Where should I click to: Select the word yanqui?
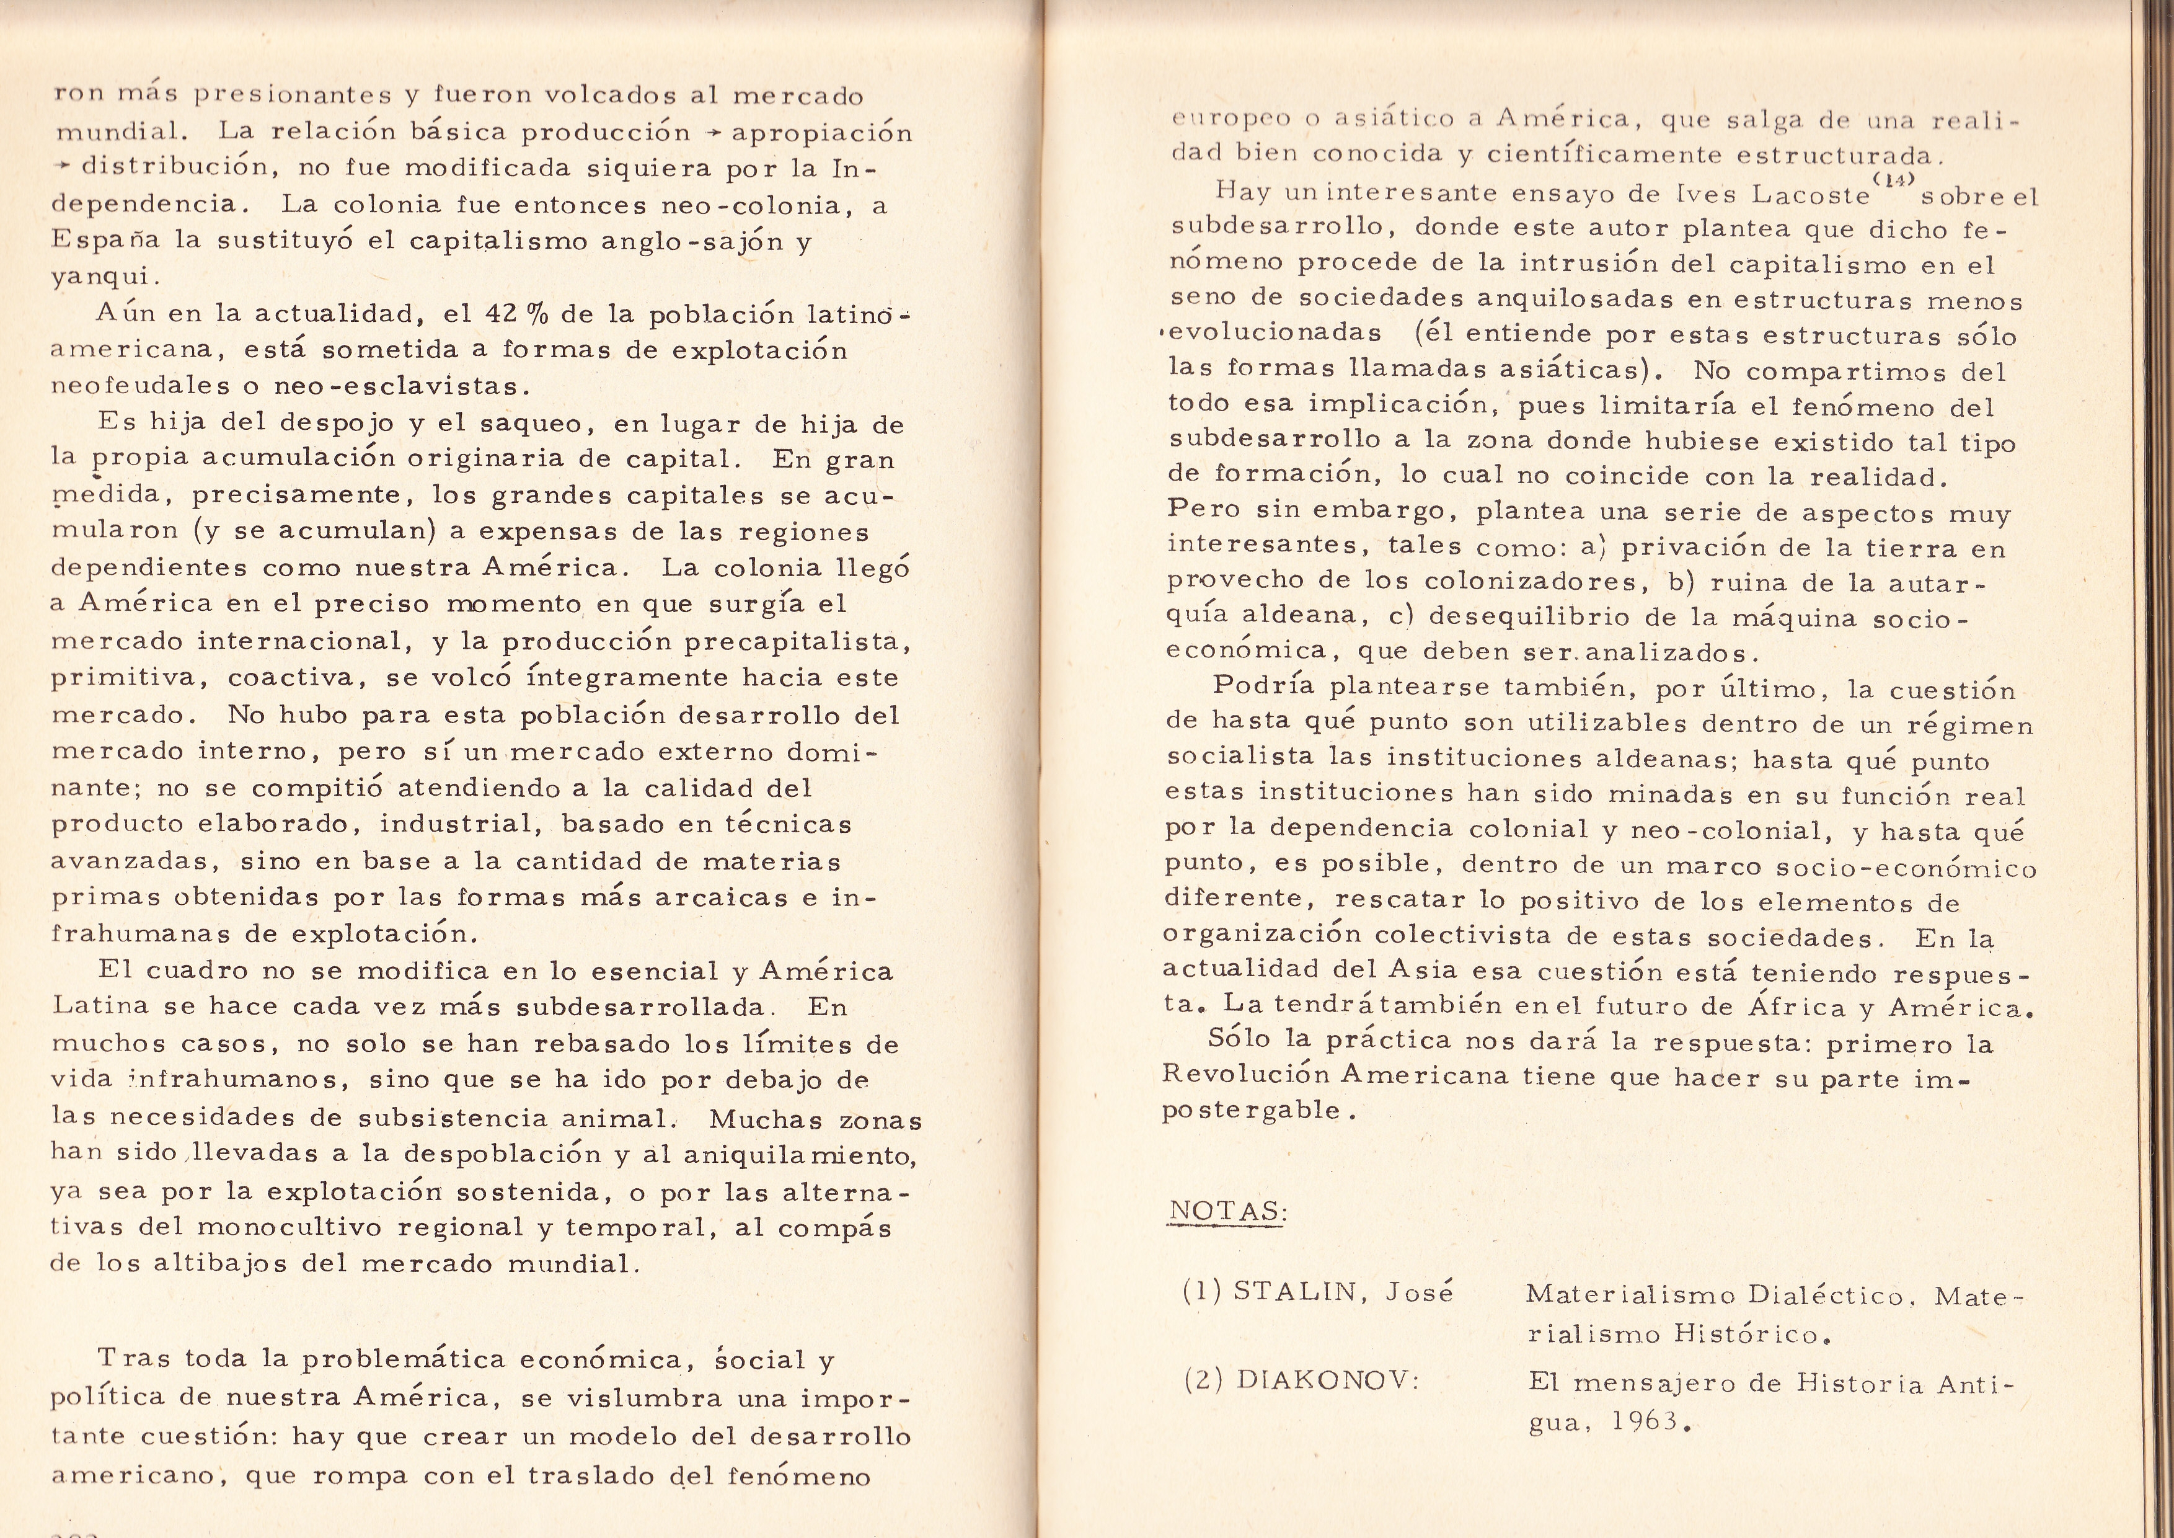(104, 277)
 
